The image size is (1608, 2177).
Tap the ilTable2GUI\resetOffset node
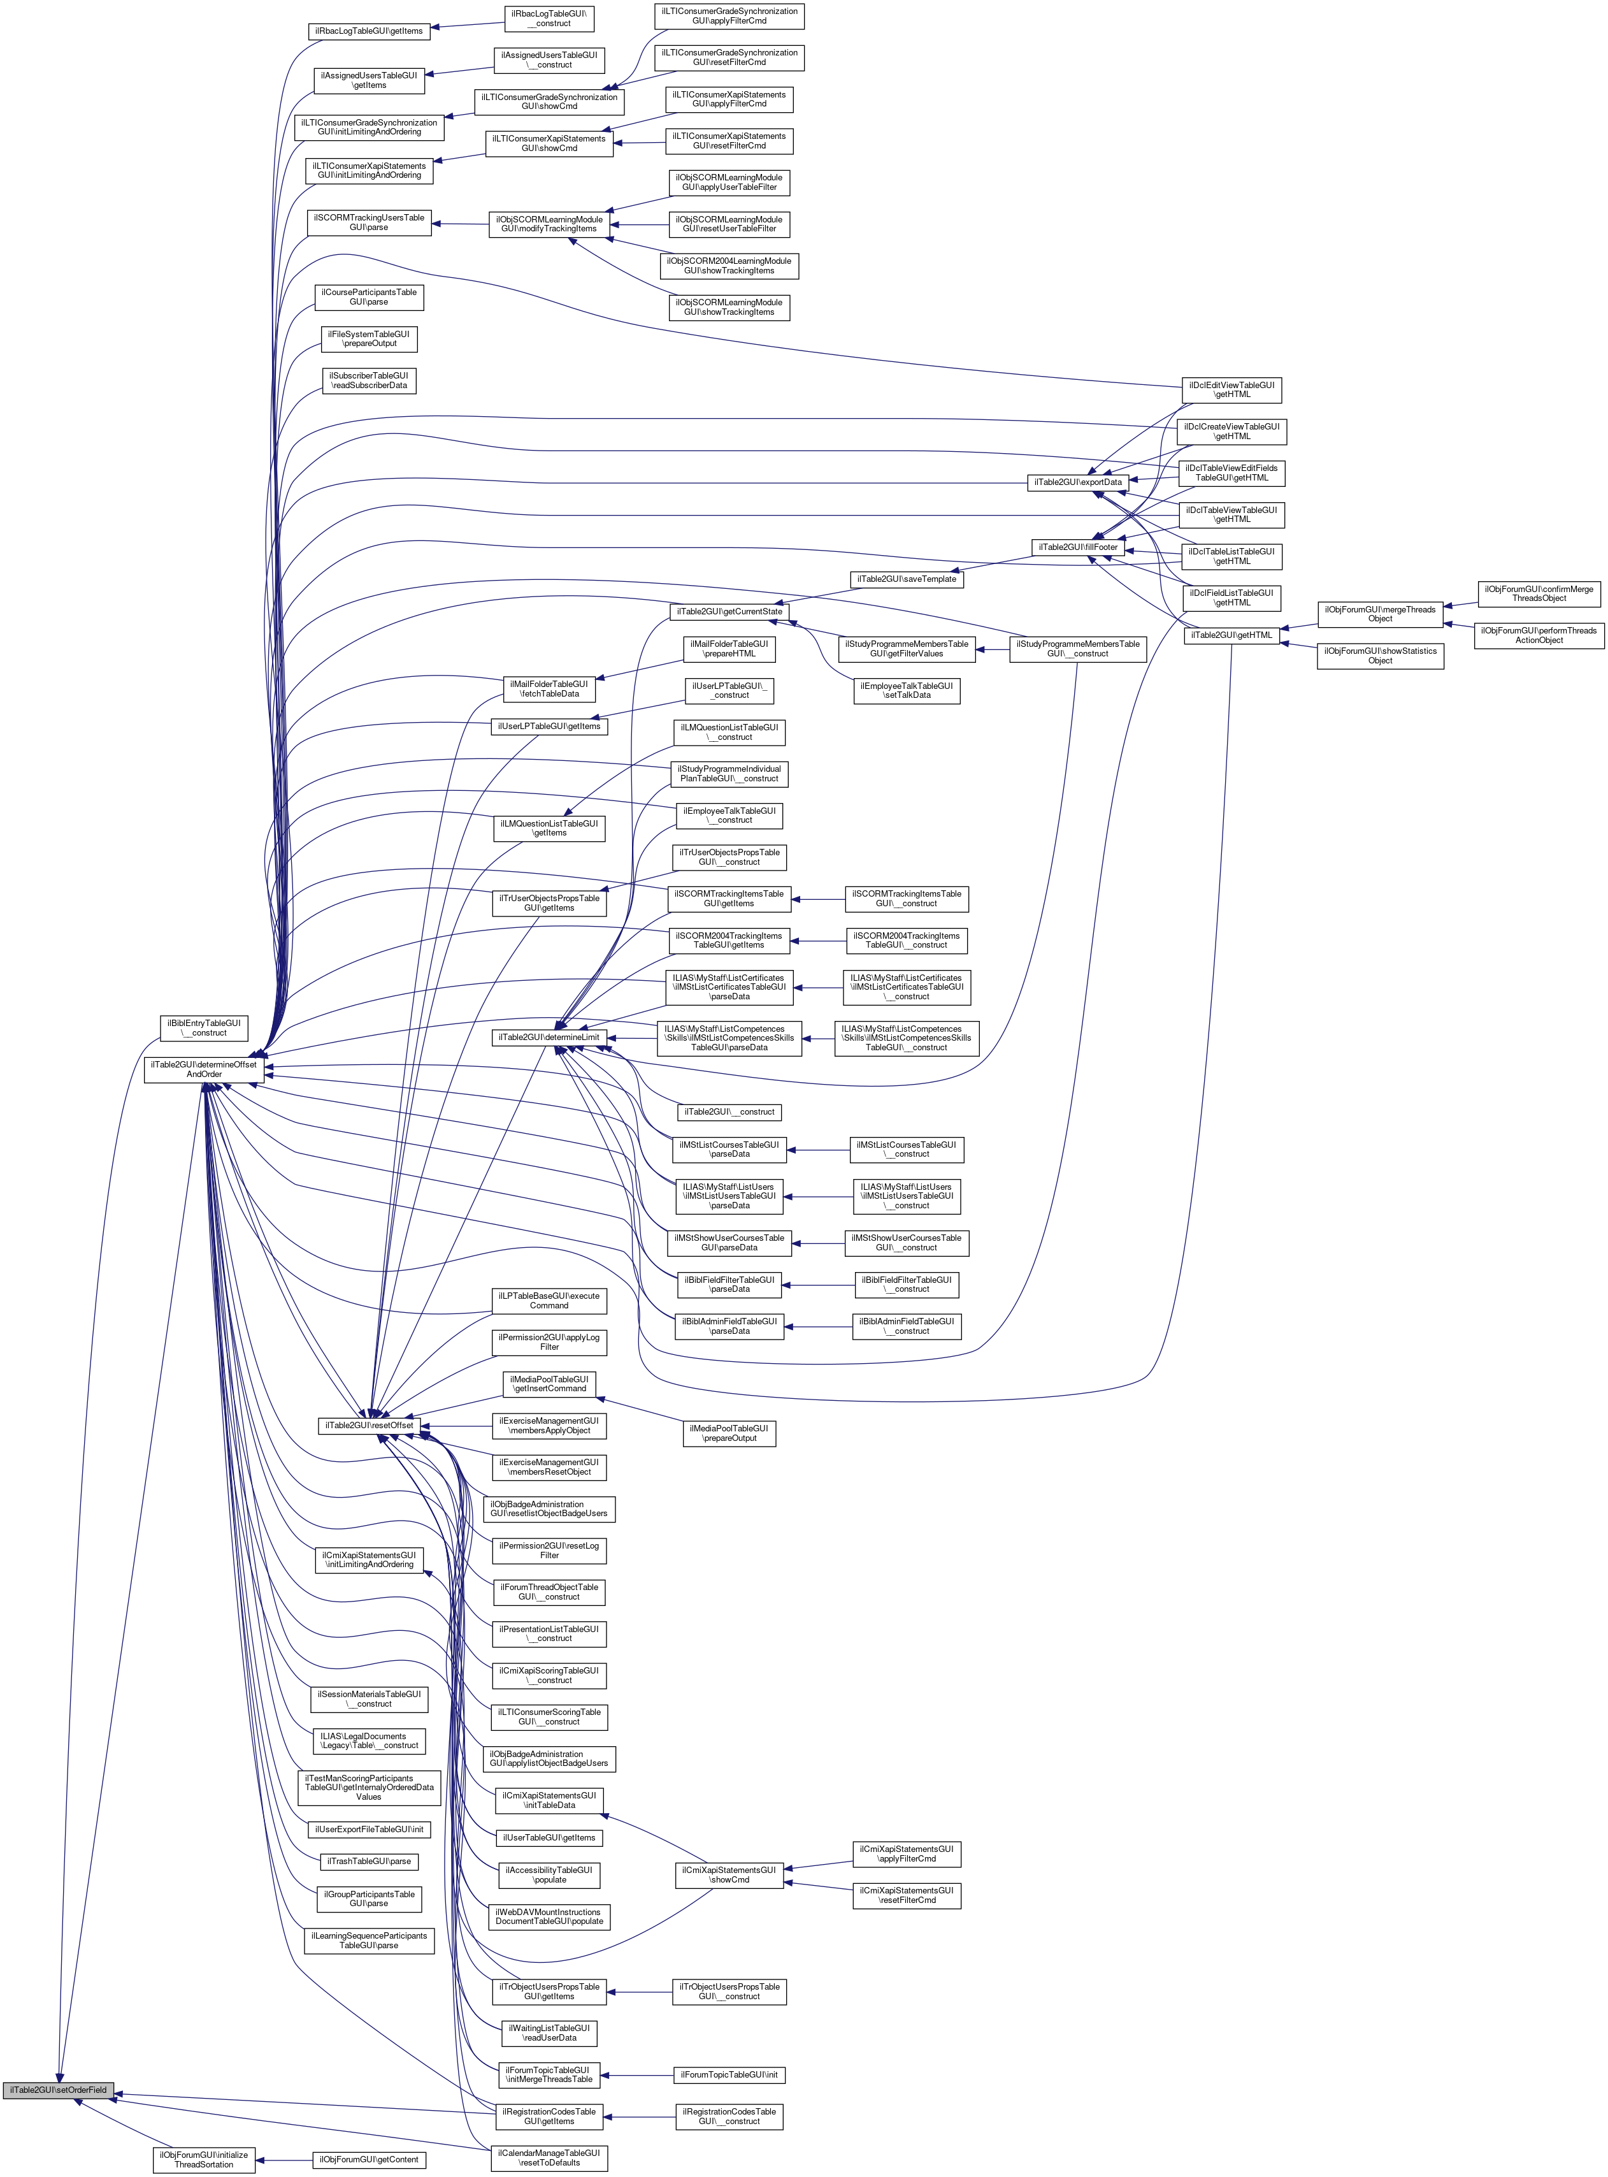[369, 1426]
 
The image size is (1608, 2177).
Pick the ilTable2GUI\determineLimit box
[549, 1037]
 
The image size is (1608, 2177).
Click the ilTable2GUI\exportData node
[1077, 482]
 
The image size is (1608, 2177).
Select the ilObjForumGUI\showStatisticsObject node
[1379, 655]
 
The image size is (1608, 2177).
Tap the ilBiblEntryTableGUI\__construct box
[203, 1027]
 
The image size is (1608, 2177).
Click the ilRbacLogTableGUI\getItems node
[369, 31]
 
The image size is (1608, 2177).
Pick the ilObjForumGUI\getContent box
[369, 2160]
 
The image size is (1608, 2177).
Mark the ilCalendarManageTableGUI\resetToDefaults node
[549, 2157]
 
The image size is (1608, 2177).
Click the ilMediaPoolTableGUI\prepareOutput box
[729, 1433]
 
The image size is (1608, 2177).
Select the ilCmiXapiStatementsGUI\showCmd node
[729, 1874]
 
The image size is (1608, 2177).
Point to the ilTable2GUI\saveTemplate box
[906, 579]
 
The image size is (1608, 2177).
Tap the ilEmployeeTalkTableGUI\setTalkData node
[906, 690]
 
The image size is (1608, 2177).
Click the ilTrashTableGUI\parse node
[369, 1862]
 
